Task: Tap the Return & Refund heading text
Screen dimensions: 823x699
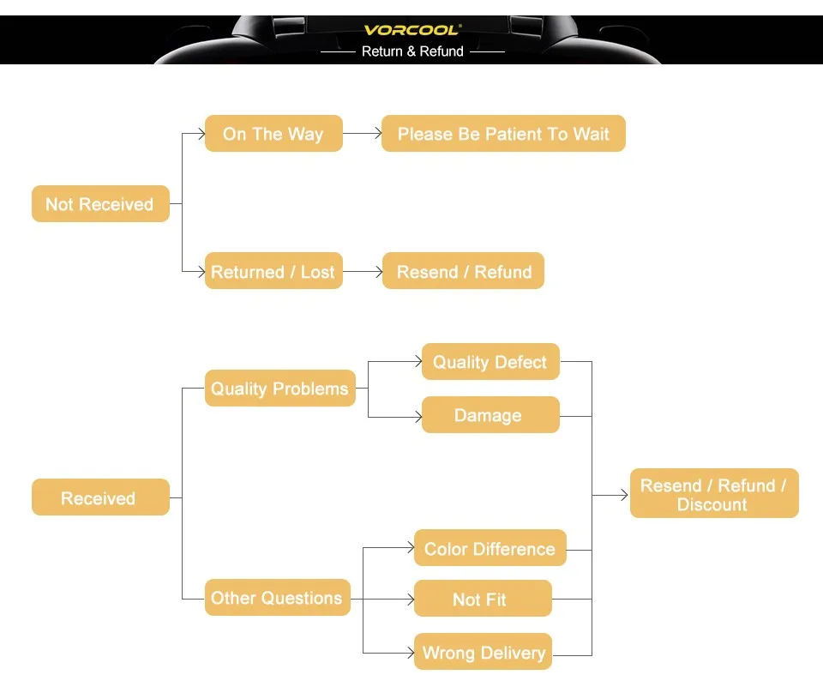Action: pos(412,51)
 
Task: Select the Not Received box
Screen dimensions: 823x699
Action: pos(100,204)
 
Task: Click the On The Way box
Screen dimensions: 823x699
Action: pos(273,134)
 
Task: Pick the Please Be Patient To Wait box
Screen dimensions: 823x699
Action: pos(503,134)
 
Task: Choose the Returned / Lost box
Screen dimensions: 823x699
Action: pos(273,272)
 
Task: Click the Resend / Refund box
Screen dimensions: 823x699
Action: pos(463,272)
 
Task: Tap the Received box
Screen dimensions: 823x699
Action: pos(100,497)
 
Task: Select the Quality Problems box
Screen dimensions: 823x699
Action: pos(279,389)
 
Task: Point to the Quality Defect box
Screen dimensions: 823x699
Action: pos(490,362)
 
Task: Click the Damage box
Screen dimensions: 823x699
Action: pos(490,415)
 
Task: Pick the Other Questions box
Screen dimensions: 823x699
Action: pos(277,598)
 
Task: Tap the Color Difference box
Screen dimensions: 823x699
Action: pos(490,549)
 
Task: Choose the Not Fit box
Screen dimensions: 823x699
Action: pos(482,600)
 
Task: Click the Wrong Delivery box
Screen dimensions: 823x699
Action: pos(483,653)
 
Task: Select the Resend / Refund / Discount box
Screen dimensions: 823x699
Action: pos(713,494)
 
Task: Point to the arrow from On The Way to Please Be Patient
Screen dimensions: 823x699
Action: pos(362,134)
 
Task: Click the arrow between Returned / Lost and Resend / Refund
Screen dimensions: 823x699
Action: pos(362,272)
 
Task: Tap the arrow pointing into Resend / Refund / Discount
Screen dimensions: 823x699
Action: pos(610,495)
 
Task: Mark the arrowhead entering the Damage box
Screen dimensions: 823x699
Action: pos(418,416)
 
